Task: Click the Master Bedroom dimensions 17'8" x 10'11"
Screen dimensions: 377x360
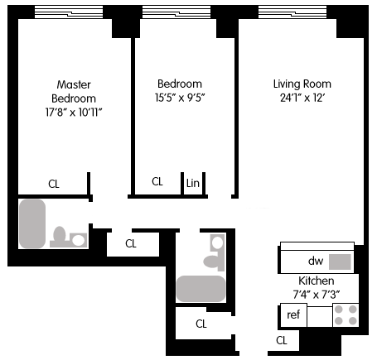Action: click(x=74, y=113)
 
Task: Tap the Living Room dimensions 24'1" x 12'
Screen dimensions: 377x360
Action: click(x=302, y=98)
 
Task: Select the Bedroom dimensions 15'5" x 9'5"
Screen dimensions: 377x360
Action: click(x=180, y=98)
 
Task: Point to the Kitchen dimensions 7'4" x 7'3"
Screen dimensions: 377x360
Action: click(x=317, y=295)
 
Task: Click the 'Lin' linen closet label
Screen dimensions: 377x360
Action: click(x=192, y=183)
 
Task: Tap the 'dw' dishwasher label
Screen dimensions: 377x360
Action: click(x=316, y=261)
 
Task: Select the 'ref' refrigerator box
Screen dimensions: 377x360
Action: click(x=293, y=315)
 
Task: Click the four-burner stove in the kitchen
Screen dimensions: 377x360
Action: click(x=346, y=315)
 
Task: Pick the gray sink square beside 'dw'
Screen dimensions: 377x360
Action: click(x=340, y=262)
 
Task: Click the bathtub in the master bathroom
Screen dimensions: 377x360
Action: click(x=32, y=223)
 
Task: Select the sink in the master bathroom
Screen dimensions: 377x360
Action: click(x=79, y=240)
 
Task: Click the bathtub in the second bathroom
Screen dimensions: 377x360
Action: click(x=201, y=289)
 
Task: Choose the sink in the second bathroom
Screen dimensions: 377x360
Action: click(x=217, y=242)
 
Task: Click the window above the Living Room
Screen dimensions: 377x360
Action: click(x=292, y=12)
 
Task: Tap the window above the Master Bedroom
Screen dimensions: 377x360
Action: click(x=69, y=12)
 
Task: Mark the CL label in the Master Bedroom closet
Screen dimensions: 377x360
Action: click(x=54, y=184)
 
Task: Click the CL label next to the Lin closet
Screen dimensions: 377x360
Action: click(x=157, y=181)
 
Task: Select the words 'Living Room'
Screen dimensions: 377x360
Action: click(x=302, y=84)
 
